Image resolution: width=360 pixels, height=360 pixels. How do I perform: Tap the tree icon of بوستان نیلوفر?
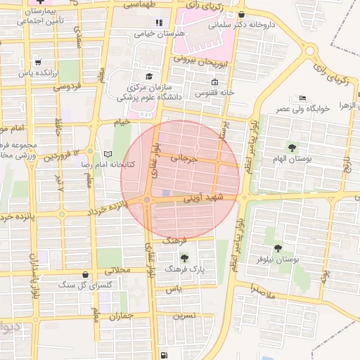click(278, 247)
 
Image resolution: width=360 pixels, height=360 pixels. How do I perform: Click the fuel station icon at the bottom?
click(164, 355)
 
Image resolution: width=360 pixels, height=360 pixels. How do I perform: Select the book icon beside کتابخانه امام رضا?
click(107, 154)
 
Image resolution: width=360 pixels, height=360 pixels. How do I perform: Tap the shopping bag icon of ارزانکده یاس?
click(37, 62)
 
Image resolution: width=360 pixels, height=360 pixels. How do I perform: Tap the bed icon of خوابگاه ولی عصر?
click(302, 97)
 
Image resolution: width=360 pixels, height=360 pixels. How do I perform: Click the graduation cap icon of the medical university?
click(149, 76)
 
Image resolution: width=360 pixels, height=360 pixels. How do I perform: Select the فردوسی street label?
click(67, 87)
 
